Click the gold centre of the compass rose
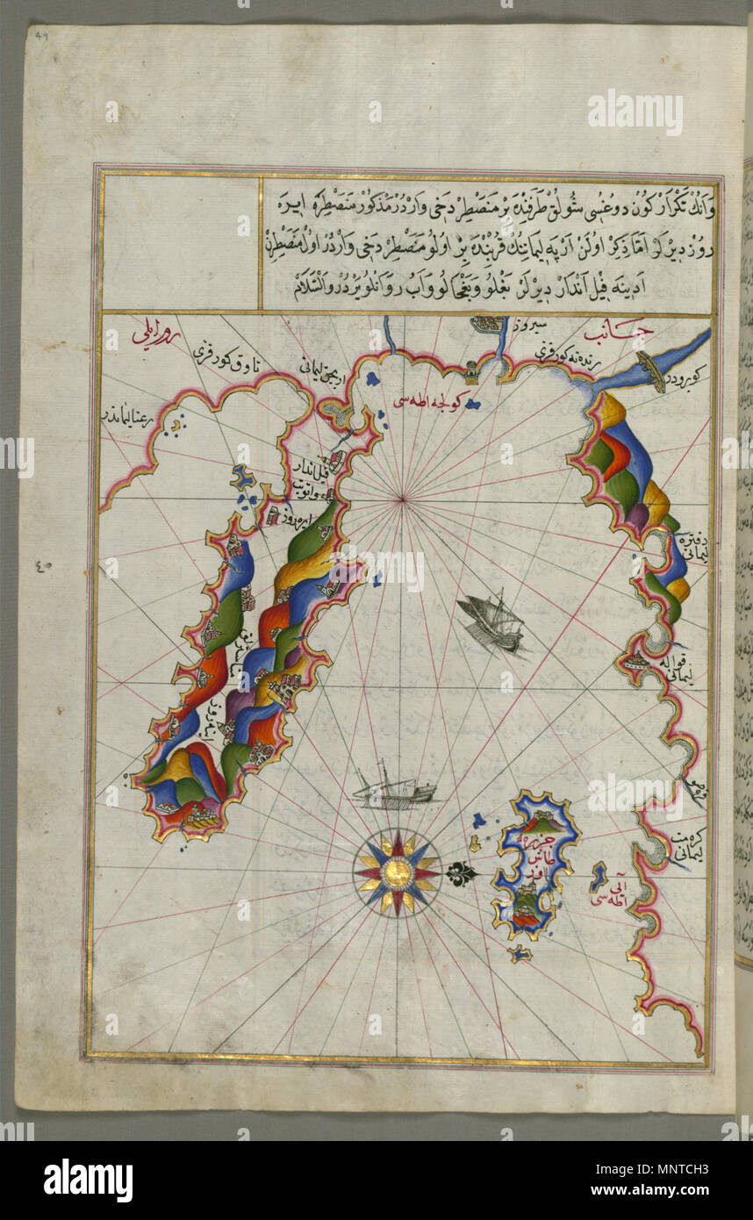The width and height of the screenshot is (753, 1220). click(x=397, y=872)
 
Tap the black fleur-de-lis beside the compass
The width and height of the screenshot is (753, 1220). click(x=459, y=873)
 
